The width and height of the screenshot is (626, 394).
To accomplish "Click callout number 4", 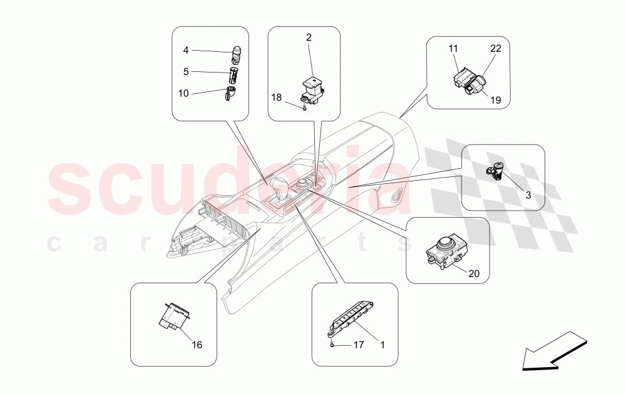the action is tap(186, 50).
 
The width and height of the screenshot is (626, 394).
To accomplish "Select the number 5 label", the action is tap(186, 72).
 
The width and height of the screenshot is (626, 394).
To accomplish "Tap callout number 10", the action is tap(183, 93).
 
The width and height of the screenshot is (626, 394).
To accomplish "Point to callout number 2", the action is tap(309, 38).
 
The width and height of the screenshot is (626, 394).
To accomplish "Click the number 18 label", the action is tap(276, 98).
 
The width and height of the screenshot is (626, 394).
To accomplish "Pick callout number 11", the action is tap(453, 49).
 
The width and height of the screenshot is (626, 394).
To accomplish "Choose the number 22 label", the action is tap(495, 48).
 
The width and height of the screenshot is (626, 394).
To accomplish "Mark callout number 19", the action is tap(495, 100).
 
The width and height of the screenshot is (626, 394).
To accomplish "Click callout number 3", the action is tap(528, 195).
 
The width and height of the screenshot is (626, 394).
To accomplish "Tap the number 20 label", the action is tap(474, 273).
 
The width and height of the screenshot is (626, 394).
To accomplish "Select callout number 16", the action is tap(197, 345).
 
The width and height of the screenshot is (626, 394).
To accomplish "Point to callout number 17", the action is tap(359, 345).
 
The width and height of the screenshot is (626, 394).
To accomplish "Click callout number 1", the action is tap(382, 345).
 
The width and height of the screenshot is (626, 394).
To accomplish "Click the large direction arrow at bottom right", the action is tap(555, 351).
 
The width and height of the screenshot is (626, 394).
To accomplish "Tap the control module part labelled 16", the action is tap(176, 316).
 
